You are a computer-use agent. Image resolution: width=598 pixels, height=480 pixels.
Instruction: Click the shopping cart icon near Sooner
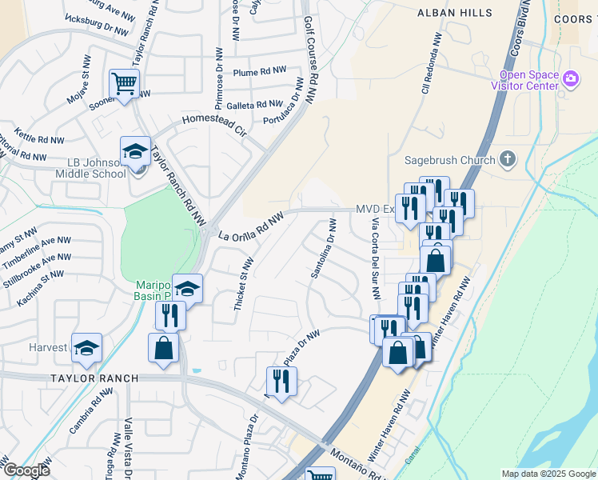(124, 84)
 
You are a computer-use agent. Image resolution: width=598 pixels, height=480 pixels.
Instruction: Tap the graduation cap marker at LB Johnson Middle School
(135, 152)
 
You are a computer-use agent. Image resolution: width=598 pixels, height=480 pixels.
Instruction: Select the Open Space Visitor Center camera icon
(571, 78)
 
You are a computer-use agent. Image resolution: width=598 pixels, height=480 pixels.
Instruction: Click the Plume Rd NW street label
(259, 72)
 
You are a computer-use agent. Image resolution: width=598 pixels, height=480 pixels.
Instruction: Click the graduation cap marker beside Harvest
(86, 348)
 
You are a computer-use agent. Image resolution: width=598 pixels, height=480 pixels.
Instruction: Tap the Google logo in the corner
(26, 470)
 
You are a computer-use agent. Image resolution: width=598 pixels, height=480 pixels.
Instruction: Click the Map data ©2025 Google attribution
(548, 474)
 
